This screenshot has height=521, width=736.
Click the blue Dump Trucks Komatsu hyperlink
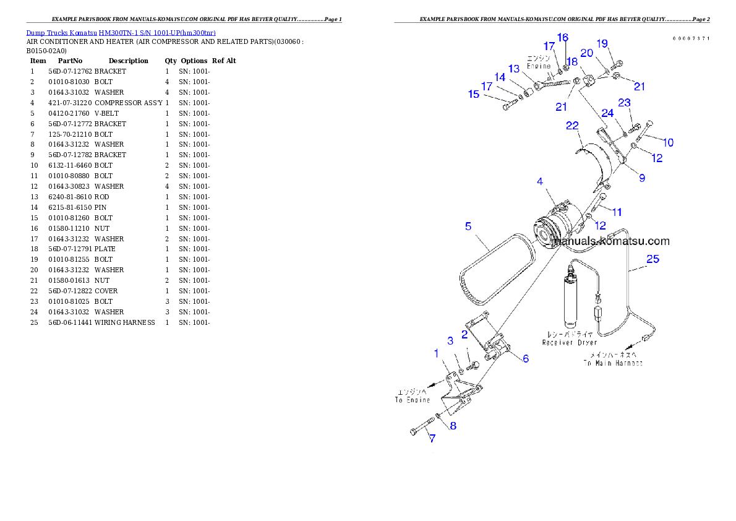121,33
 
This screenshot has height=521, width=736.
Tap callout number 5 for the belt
468,226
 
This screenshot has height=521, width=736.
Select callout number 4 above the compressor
540,182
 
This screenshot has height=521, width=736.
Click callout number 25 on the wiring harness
653,259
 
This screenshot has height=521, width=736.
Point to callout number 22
572,126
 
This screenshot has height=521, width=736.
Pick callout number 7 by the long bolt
432,438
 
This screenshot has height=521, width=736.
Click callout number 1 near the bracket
436,353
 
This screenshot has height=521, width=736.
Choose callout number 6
526,359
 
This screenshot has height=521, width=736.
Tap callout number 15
474,95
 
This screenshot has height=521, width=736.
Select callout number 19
602,43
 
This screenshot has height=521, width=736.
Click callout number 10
668,142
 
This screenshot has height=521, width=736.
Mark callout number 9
642,178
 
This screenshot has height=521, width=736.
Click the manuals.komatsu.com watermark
611,241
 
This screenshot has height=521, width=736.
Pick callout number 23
624,103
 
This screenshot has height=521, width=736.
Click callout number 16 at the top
562,38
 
